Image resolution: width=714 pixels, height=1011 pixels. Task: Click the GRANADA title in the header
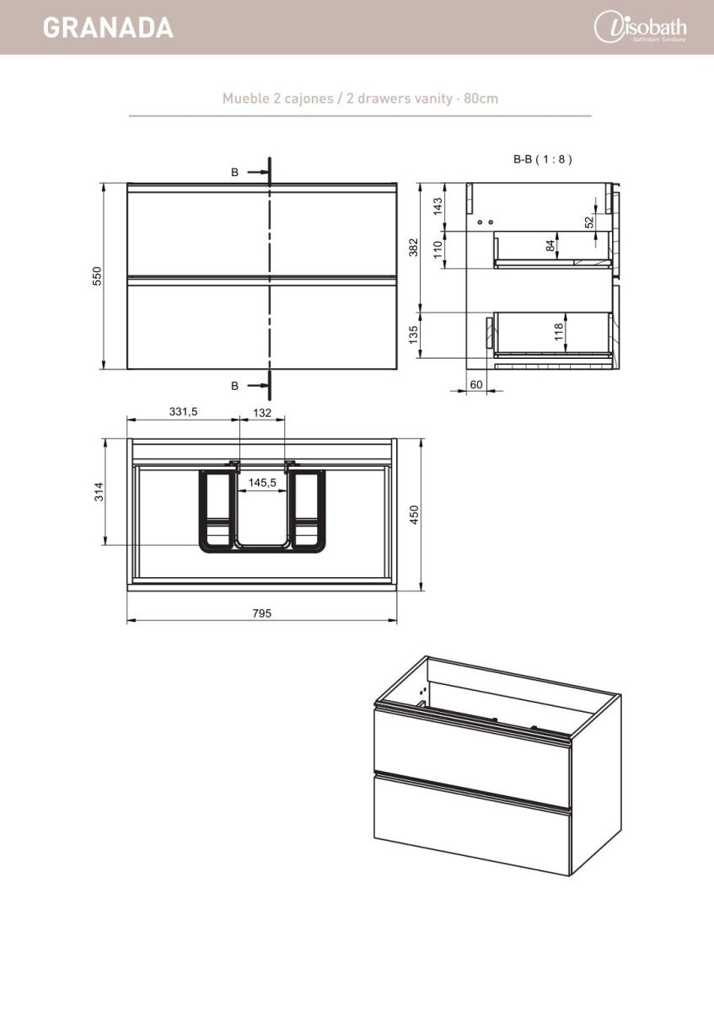click(x=109, y=28)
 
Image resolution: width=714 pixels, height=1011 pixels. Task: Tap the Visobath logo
click(x=641, y=27)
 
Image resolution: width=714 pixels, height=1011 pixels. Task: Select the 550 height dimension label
click(x=98, y=275)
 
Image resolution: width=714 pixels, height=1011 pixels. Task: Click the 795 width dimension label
click(x=262, y=613)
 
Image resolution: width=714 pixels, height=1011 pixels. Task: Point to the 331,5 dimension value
click(x=184, y=412)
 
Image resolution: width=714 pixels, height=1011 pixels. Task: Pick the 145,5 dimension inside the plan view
click(x=262, y=483)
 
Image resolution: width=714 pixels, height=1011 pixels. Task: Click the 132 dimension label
click(x=262, y=413)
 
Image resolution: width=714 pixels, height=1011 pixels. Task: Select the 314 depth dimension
click(x=99, y=491)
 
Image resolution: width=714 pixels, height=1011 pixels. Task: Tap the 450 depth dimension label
click(x=415, y=515)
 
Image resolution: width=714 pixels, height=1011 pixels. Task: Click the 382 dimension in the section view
click(x=414, y=248)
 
